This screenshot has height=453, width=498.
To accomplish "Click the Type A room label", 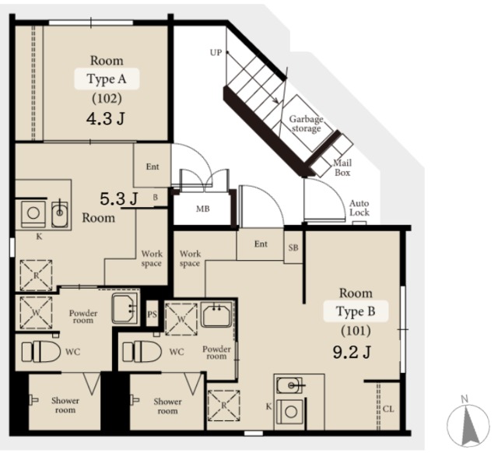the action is point(107,79).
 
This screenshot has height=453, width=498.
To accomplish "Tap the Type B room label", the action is point(356,311).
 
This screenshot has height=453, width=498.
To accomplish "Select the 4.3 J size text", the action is point(106,119).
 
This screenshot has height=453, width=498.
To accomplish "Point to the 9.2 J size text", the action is point(352,352).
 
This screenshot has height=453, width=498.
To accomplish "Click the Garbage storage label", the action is point(306,124).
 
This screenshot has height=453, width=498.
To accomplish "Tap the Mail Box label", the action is point(342,167).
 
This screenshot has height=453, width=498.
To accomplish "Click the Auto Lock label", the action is point(359,208).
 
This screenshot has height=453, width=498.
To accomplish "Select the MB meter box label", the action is point(202,209).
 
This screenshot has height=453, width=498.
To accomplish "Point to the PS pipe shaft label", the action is point(153,314).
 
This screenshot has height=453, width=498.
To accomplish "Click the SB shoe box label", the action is point(293,248).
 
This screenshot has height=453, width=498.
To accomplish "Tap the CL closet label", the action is point(388,409).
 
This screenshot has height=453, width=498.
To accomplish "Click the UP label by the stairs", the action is point(216,52).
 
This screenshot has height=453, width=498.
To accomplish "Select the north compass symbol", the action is point(468,423).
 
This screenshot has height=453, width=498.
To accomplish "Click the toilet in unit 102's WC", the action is point(41,352).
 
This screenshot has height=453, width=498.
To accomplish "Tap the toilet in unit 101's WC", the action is point(142,352).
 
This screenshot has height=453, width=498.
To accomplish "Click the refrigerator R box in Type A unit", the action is point(36,276).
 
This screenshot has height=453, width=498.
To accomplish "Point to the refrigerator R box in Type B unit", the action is point(223,406).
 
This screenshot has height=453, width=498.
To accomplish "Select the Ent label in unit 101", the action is point(261,244).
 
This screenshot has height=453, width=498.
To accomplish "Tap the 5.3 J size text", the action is point(119,199).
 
